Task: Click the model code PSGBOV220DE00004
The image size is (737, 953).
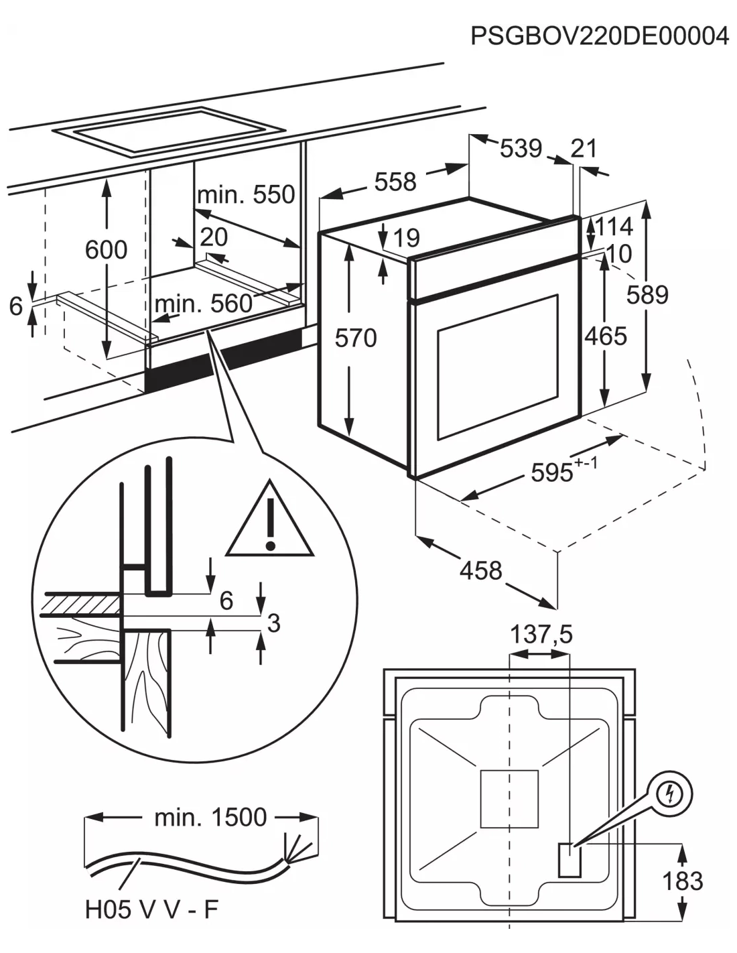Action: coord(599,36)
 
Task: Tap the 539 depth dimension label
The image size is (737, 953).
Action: coord(521,148)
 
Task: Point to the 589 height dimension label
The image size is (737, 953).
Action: coord(647,294)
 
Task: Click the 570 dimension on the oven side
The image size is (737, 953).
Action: coord(356,338)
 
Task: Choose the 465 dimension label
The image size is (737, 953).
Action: coord(605,336)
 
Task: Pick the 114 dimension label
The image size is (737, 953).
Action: coord(614,227)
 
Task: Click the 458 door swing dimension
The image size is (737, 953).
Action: coord(480,570)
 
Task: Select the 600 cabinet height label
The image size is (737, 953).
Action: coord(106,249)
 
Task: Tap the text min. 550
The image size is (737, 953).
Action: coord(246,194)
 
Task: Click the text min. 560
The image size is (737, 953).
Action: coord(203,304)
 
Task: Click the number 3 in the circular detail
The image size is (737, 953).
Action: coord(273,623)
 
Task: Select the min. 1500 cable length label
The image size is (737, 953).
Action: coord(210,817)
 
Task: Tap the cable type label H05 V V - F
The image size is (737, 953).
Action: coord(152,909)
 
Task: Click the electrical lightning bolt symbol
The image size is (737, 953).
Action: coord(669,795)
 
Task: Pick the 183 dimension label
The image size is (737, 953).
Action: coord(682,881)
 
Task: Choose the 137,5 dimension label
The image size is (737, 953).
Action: coord(541,633)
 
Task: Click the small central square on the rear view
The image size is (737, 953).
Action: coord(509,799)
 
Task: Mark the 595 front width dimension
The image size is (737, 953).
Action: coord(553,472)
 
